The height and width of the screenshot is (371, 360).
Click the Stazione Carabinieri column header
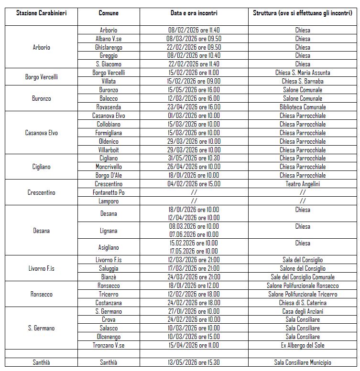41,13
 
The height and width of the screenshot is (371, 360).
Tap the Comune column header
109,13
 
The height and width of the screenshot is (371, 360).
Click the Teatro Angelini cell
303,184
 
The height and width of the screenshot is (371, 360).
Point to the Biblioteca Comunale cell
303,107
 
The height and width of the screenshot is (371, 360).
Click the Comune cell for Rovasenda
109,107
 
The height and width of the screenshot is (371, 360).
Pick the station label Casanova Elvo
41,133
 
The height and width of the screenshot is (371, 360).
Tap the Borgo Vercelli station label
41,77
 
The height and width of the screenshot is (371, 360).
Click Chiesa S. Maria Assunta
303,73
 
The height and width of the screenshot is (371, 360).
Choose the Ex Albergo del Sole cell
303,345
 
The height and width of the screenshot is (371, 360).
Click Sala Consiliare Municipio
303,362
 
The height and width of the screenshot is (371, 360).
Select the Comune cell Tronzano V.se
109,345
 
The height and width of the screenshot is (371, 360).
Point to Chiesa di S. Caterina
303,303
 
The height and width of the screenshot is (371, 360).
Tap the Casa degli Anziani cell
303,311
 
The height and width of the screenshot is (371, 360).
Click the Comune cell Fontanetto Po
109,192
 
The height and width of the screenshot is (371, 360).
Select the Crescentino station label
41,192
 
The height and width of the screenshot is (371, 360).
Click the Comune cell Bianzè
109,277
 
